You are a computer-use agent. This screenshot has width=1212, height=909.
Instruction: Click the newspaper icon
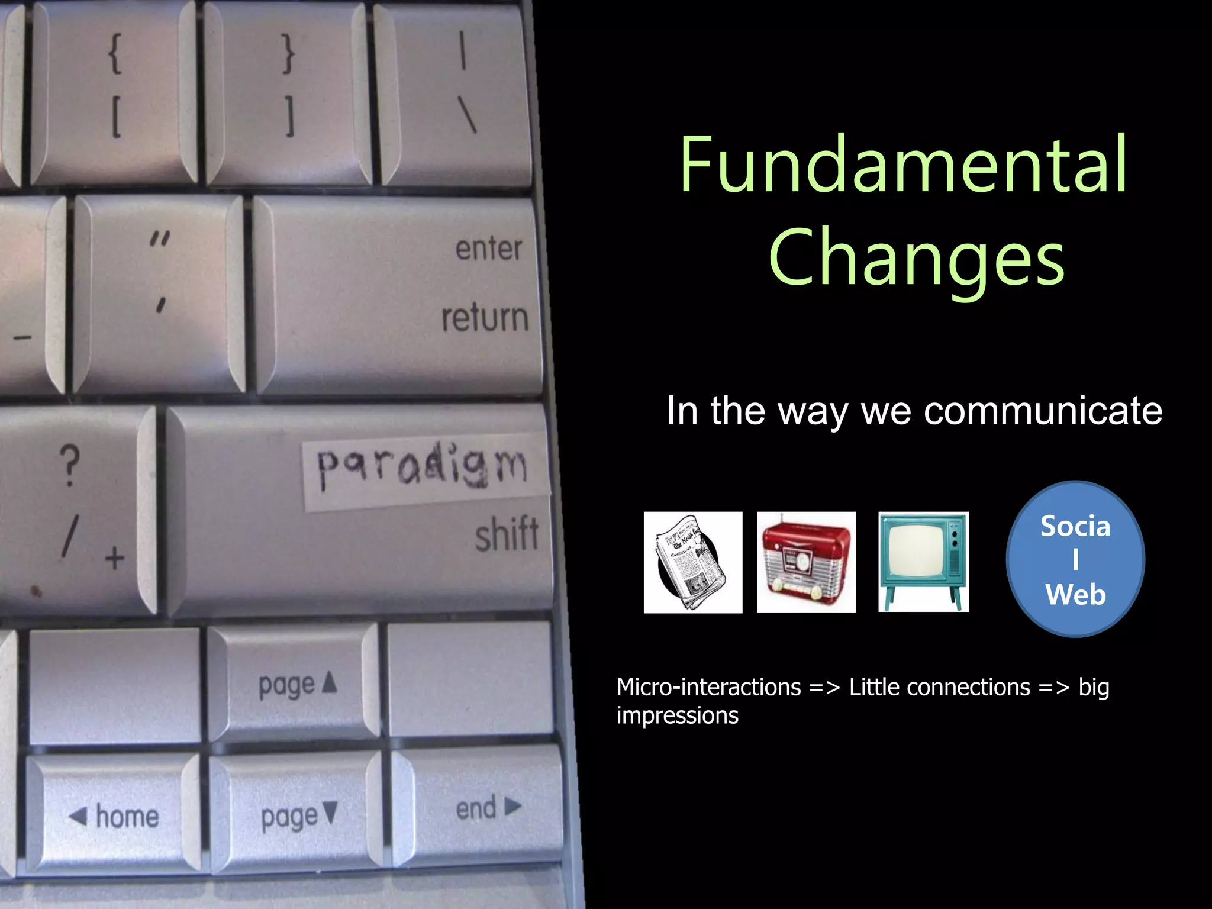click(692, 562)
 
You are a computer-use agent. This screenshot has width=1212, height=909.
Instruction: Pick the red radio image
click(806, 562)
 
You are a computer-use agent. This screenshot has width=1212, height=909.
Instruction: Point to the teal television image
click(923, 561)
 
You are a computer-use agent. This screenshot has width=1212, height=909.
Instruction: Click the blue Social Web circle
click(1075, 559)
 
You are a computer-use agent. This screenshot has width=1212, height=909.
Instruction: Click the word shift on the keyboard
click(507, 534)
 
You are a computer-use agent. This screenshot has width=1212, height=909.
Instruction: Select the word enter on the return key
click(489, 249)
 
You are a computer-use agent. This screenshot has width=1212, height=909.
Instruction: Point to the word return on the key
click(485, 318)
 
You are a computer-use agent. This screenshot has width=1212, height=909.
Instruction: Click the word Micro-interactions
click(708, 687)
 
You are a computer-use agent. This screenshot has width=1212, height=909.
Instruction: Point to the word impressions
click(677, 715)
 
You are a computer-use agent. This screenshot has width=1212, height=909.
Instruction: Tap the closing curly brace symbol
click(287, 55)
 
